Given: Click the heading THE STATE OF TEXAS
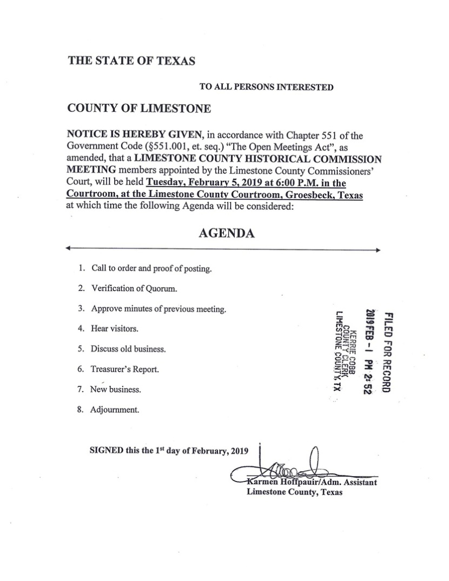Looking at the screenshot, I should [131, 61].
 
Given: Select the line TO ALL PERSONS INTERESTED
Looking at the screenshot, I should [266, 87].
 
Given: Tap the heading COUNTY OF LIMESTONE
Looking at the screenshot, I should [139, 108].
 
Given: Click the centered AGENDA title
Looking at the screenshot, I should [226, 233].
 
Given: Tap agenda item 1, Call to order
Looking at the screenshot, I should [151, 268].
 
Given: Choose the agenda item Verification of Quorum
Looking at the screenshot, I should [134, 288].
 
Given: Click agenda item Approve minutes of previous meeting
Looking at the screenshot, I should [158, 309].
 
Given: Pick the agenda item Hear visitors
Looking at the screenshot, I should [115, 329].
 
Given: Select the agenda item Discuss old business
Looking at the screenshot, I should [128, 349].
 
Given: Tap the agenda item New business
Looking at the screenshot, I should [116, 389].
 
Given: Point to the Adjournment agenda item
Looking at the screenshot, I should [115, 410].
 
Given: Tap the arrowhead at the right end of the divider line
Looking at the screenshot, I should [378, 250].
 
